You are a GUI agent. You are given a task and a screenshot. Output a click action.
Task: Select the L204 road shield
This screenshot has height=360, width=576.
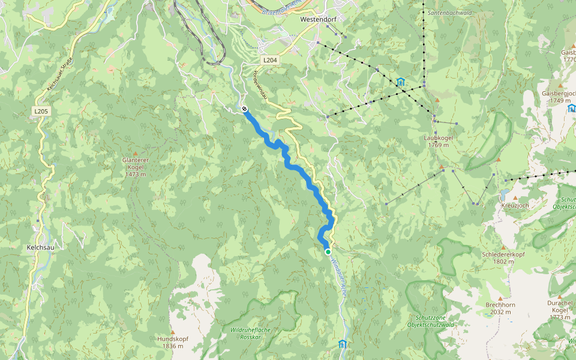pyautogui.click(x=270, y=61)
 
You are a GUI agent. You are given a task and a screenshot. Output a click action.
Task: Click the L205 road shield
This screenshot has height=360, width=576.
pyautogui.click(x=41, y=111)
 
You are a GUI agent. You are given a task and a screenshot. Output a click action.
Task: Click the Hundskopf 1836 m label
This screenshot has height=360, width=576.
pyautogui.click(x=173, y=342)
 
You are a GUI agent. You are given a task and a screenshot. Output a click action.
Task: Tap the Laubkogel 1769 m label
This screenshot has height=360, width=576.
pyautogui.click(x=438, y=141)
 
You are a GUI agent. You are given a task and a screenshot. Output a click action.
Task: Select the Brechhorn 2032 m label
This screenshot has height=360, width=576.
pyautogui.click(x=500, y=308)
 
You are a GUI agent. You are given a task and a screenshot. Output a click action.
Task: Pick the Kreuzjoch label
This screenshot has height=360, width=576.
pyautogui.click(x=515, y=205)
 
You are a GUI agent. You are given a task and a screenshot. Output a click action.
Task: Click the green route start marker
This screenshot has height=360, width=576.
pyautogui.click(x=328, y=252)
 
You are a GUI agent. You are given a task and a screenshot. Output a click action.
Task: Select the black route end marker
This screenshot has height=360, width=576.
pyautogui.click(x=245, y=109)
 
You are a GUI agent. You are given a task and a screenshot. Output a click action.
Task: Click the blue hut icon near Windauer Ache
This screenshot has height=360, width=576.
pyautogui.click(x=342, y=344)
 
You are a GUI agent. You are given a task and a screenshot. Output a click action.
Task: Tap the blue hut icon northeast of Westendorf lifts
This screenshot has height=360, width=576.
pyautogui.click(x=400, y=82)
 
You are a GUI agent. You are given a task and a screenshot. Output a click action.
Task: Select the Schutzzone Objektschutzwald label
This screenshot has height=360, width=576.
pyautogui.click(x=434, y=320)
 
